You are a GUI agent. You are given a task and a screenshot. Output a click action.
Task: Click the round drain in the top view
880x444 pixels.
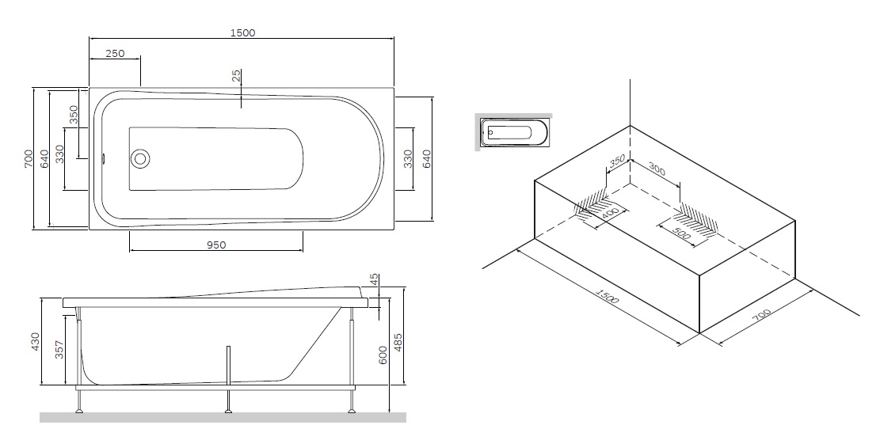(140, 157)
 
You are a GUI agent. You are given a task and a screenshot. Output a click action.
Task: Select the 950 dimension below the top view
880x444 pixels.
(216, 245)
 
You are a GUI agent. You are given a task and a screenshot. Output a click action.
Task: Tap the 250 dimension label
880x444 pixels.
(115, 53)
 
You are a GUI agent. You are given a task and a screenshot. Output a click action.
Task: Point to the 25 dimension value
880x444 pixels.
(236, 77)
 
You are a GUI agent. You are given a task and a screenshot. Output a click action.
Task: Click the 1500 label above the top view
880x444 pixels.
(242, 32)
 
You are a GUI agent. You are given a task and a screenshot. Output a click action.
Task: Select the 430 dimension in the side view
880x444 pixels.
(35, 342)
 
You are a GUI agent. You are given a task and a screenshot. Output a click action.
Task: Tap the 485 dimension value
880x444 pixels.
(398, 343)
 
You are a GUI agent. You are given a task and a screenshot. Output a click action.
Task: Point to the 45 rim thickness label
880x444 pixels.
(374, 281)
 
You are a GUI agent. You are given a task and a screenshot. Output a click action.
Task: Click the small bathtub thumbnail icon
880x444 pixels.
(516, 131)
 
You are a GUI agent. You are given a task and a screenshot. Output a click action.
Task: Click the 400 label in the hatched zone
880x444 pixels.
(610, 214)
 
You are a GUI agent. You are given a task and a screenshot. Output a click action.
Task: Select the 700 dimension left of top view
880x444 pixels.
(28, 158)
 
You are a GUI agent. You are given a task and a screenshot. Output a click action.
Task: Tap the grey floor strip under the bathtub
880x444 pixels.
(223, 417)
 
